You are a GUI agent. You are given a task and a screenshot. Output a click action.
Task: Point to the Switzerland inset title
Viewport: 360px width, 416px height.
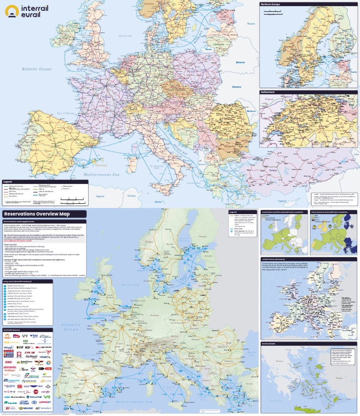point(268,92)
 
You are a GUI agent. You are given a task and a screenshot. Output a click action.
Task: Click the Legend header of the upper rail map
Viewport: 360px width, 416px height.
point(7,181)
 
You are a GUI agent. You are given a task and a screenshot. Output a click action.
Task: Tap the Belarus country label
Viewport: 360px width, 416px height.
point(240,62)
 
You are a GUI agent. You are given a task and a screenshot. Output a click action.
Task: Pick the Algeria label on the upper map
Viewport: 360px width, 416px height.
point(100,196)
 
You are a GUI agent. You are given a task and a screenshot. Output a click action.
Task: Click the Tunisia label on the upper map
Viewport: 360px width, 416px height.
point(131,196)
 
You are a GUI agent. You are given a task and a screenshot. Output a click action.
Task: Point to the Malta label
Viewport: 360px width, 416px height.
point(158,202)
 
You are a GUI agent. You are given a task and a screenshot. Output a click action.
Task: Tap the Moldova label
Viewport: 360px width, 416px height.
point(253,111)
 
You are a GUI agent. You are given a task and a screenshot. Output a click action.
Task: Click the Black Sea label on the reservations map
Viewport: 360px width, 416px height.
point(254,354)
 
